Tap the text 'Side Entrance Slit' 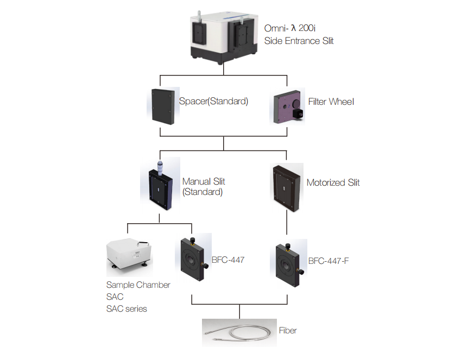click(x=299, y=41)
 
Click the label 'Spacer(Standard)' click(x=213, y=101)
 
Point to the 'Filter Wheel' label click(x=331, y=101)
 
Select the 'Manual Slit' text click(x=204, y=182)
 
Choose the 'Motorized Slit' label click(x=333, y=182)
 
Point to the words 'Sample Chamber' click(x=138, y=285)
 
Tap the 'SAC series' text click(x=127, y=309)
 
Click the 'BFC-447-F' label click(x=328, y=261)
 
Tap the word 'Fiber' click(x=288, y=330)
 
